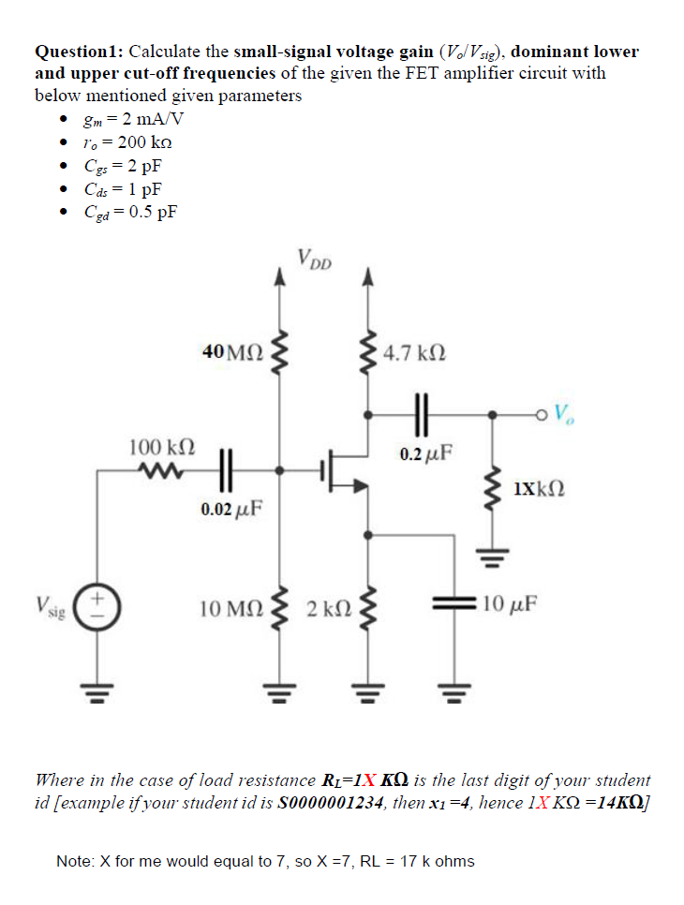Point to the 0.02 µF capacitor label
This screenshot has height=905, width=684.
[230, 511]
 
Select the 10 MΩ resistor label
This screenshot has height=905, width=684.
[231, 609]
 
